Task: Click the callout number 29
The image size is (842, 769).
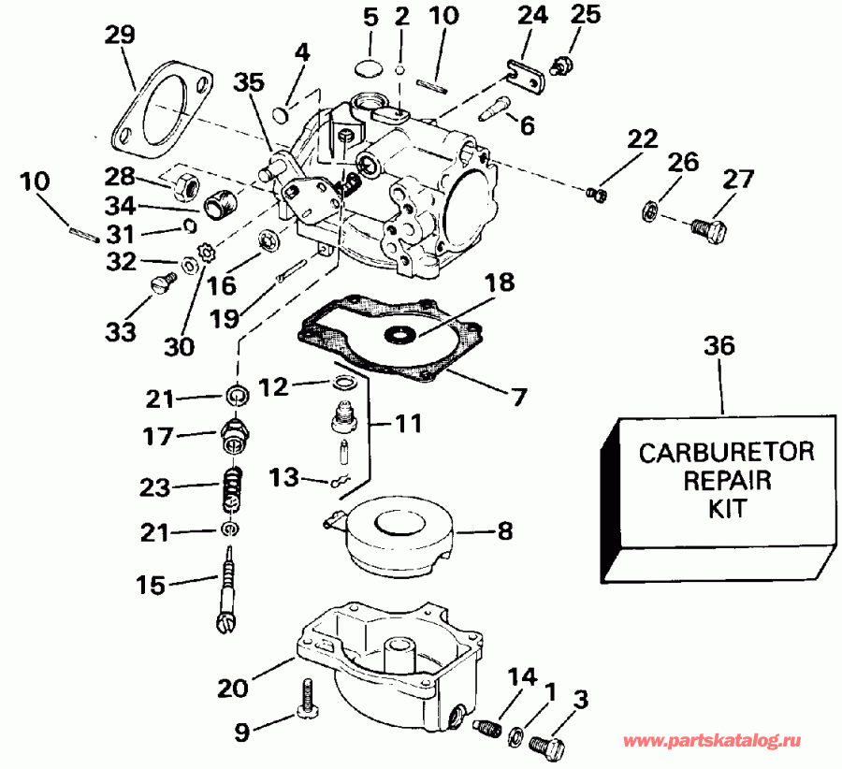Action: (x=120, y=36)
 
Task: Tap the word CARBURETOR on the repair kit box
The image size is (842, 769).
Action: (x=725, y=452)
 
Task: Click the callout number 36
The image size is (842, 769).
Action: (x=720, y=345)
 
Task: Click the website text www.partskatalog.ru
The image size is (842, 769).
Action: (x=713, y=741)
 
